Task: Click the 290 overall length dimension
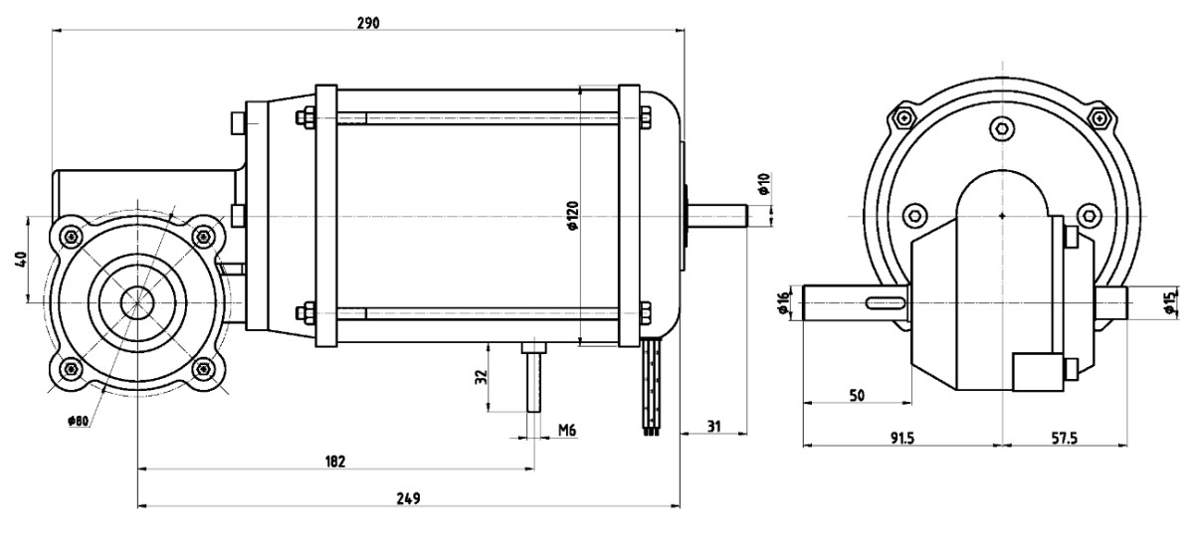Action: [368, 24]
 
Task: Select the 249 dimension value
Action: [408, 498]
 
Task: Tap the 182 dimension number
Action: [335, 461]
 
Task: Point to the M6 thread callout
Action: [567, 430]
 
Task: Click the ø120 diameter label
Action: [572, 215]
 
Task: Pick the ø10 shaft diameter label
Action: [764, 184]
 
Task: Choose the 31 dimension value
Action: [713, 427]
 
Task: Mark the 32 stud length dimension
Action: [481, 377]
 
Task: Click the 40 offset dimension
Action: [21, 260]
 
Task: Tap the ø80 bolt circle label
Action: [78, 421]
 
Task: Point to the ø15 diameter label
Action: [1170, 302]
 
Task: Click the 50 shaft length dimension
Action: [857, 396]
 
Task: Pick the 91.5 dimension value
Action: [901, 438]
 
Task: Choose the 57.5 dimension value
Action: [1064, 438]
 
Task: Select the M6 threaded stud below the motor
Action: [534, 377]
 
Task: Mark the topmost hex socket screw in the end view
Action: [1002, 128]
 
